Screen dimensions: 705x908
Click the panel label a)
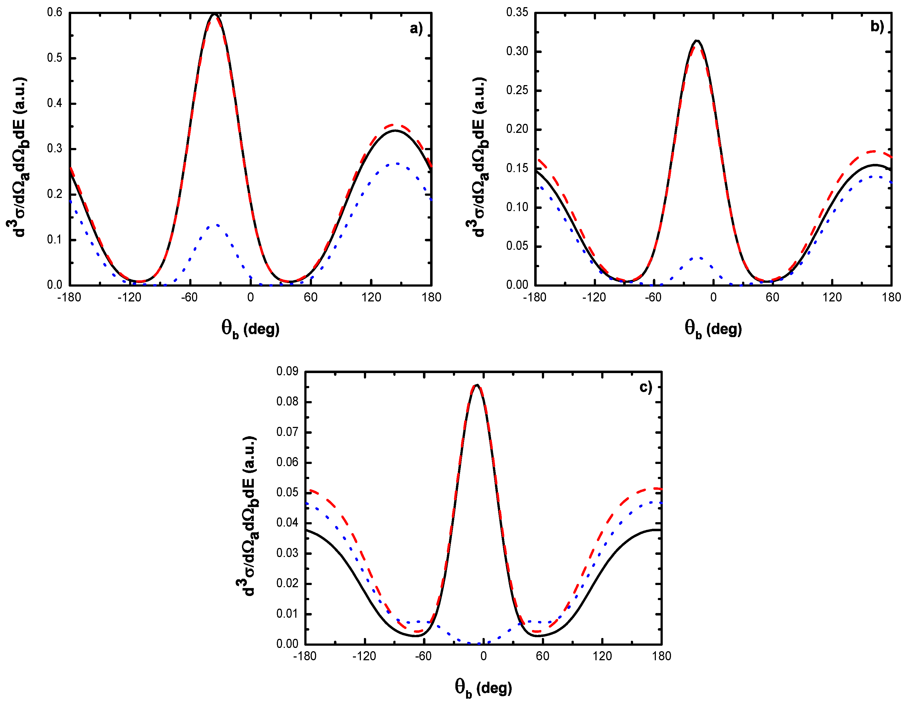pyautogui.click(x=416, y=28)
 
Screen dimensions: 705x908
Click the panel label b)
pyautogui.click(x=876, y=27)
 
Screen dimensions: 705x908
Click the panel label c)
pyautogui.click(x=645, y=387)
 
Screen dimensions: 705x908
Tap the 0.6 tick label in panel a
pyautogui.click(x=54, y=12)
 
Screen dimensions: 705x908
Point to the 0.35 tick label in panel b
pyautogui.click(x=517, y=12)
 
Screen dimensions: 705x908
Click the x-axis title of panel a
pyautogui.click(x=250, y=329)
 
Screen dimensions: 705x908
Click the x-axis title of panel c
pyautogui.click(x=483, y=687)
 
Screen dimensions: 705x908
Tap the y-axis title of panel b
pyautogui.click(x=477, y=157)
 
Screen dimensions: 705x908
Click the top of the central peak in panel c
pyautogui.click(x=477, y=385)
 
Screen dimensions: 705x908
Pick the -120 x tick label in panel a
pyautogui.click(x=129, y=297)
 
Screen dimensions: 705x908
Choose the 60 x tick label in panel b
pyautogui.click(x=773, y=297)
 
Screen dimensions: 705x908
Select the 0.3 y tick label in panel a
pyautogui.click(x=54, y=149)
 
